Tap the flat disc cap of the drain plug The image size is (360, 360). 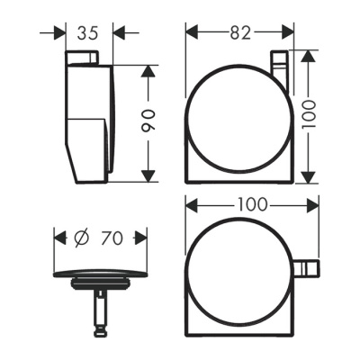pos(99,274)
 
